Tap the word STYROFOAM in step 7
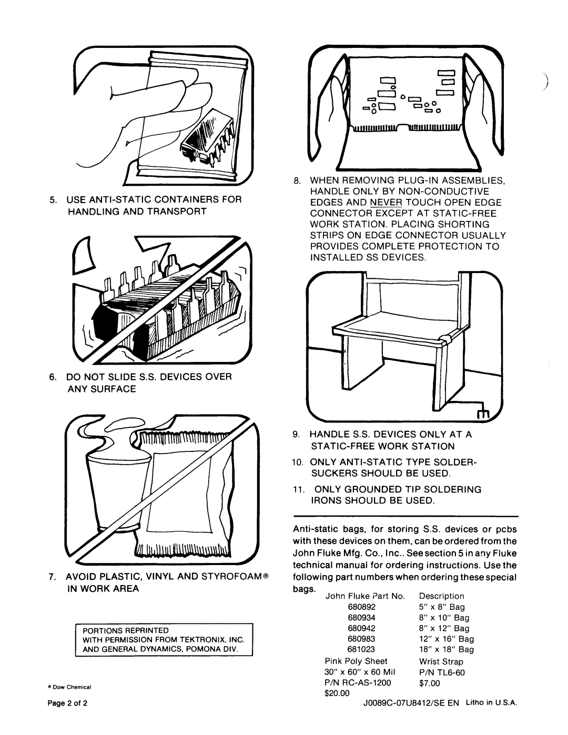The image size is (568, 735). point(229,577)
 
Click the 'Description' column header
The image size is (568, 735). point(441,596)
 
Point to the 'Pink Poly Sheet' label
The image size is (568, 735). point(356,661)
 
